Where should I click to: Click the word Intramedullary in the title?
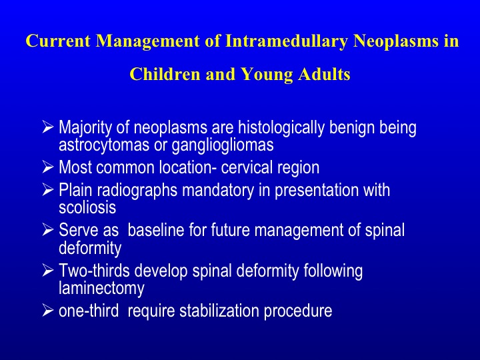click(287, 41)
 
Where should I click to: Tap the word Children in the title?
click(165, 74)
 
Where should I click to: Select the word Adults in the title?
click(324, 74)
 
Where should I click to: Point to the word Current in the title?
click(58, 41)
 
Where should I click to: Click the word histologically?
click(281, 128)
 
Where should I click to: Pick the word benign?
click(352, 128)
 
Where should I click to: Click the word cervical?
click(247, 167)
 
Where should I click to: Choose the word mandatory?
click(218, 191)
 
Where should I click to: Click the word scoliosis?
click(87, 207)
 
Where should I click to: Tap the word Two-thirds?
click(94, 270)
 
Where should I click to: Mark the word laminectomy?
click(101, 289)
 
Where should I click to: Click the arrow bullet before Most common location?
click(48, 167)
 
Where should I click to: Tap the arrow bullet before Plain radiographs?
click(48, 190)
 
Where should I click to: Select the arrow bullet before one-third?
click(48, 310)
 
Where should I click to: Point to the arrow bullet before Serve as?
click(48, 229)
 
